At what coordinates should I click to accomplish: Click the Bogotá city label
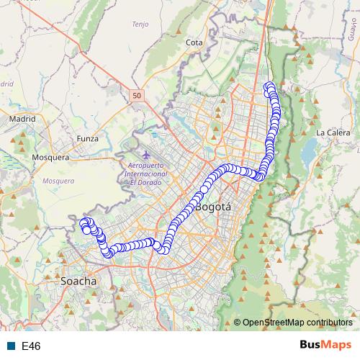(x=213, y=207)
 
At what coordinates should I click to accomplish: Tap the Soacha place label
(x=79, y=281)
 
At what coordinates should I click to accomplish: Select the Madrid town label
(x=23, y=119)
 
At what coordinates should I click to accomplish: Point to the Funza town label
(x=87, y=138)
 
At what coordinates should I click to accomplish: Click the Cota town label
(x=194, y=42)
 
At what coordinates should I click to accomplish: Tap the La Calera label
(x=333, y=132)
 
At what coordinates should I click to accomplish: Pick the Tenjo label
(x=139, y=24)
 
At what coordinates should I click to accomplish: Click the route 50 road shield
(x=137, y=94)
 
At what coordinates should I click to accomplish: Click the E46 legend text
(x=31, y=346)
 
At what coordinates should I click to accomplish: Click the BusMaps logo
(x=325, y=346)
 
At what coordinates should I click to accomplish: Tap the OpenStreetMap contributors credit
(x=297, y=322)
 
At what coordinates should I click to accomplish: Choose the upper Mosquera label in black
(x=51, y=157)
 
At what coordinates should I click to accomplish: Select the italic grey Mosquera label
(x=58, y=181)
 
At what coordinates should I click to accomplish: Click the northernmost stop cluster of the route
(x=270, y=88)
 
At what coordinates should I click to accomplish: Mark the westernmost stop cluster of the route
(x=86, y=224)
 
